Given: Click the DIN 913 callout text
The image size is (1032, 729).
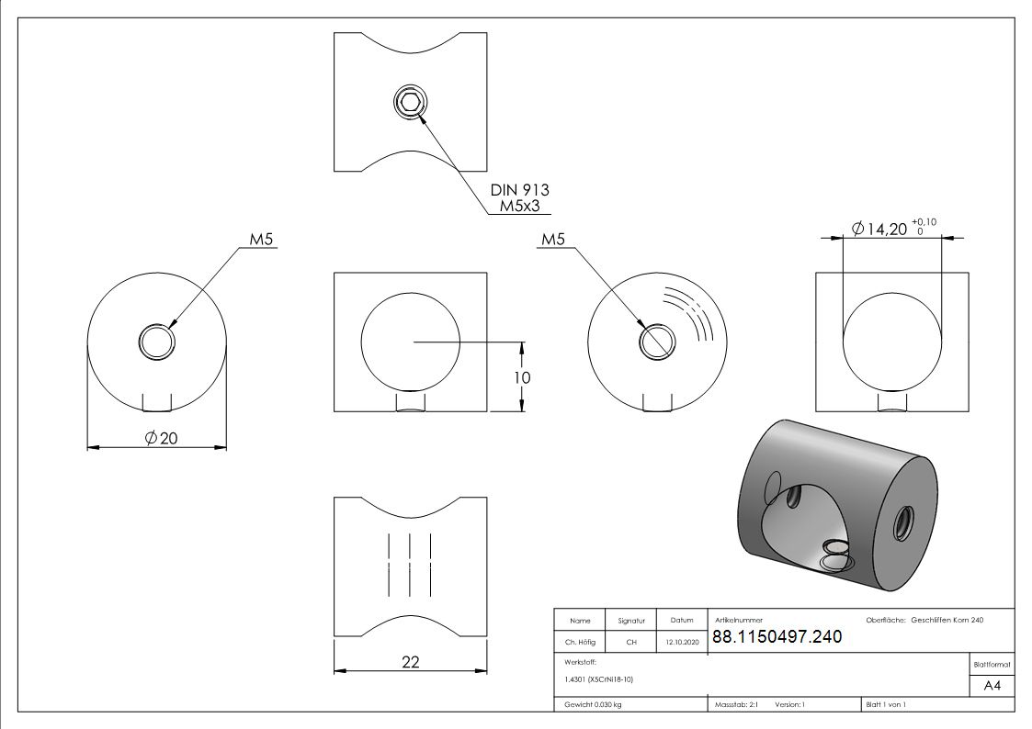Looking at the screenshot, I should pyautogui.click(x=519, y=190).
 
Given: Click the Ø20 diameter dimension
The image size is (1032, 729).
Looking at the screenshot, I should pyautogui.click(x=162, y=439).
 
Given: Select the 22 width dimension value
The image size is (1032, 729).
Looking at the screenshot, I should pyautogui.click(x=411, y=662).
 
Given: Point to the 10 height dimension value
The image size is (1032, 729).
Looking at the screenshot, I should pyautogui.click(x=523, y=377).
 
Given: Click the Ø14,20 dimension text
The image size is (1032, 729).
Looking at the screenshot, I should pyautogui.click(x=879, y=229).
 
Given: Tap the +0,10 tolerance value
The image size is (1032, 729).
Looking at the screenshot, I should pyautogui.click(x=924, y=221).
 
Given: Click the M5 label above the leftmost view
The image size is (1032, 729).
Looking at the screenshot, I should pyautogui.click(x=263, y=240).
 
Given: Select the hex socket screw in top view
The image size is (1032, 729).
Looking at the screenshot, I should pyautogui.click(x=411, y=102).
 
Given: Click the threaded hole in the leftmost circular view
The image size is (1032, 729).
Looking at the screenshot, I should pyautogui.click(x=157, y=342).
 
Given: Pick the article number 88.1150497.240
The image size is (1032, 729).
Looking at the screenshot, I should pyautogui.click(x=777, y=637).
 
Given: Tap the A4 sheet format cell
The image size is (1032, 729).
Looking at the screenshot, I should pyautogui.click(x=992, y=686).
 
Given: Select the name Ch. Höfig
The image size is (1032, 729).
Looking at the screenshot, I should pyautogui.click(x=580, y=643).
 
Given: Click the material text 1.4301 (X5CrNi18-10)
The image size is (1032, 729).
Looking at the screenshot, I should pyautogui.click(x=598, y=679).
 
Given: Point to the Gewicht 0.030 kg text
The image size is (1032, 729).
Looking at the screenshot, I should pyautogui.click(x=593, y=704).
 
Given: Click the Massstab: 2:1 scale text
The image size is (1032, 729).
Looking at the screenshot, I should pyautogui.click(x=735, y=704).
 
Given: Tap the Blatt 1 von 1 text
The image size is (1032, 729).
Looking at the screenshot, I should pyautogui.click(x=886, y=704).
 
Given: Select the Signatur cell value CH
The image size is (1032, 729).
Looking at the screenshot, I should pyautogui.click(x=631, y=643).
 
